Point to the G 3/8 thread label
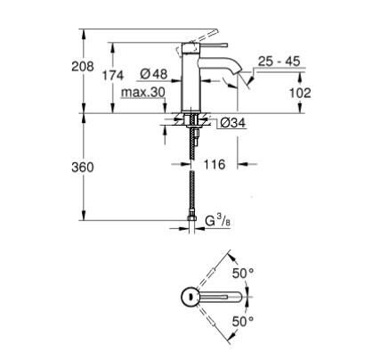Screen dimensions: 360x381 (223, 219)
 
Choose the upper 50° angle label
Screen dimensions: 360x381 (243, 273)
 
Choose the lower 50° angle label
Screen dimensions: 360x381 (243, 318)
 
